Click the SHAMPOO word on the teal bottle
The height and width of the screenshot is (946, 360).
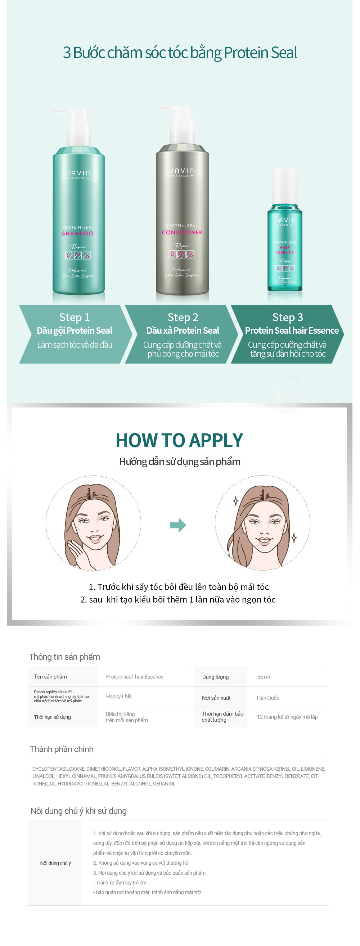pos(78,234)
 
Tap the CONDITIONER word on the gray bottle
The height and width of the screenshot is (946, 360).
pos(182,233)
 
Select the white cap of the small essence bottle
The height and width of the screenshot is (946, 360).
pos(284,185)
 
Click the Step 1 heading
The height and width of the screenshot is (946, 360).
pos(75,317)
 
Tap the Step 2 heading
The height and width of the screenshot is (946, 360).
pos(183,317)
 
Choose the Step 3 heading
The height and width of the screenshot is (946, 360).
pos(288,317)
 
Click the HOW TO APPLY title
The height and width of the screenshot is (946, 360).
pos(179,440)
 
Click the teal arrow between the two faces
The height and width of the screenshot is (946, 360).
pos(178,525)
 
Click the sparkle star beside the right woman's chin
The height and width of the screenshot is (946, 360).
pos(294,538)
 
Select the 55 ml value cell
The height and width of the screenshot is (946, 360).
pos(264,677)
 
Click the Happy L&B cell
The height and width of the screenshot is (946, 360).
pos(118,697)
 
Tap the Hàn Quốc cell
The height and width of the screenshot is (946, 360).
pos(268,698)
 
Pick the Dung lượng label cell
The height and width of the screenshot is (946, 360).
pos(215,677)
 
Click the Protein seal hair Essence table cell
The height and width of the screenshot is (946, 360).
pos(135,677)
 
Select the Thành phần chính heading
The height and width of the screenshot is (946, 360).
pos(62,749)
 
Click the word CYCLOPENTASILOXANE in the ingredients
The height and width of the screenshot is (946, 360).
pos(58,769)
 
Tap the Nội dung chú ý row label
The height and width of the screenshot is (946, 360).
pos(55,863)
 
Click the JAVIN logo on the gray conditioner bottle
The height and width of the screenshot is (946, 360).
pos(182,171)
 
